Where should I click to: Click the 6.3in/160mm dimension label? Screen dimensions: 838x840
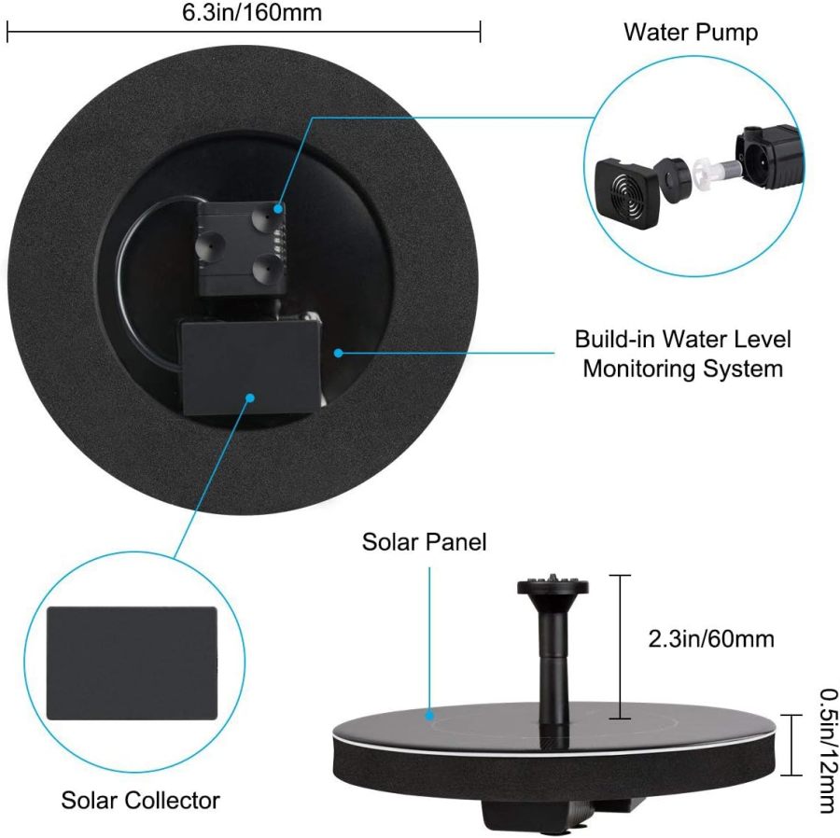245,13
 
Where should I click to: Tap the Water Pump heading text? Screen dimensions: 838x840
691,33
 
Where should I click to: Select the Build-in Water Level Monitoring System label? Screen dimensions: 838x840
682,353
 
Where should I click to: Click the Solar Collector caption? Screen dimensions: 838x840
141,800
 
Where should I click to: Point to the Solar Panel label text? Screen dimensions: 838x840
425,541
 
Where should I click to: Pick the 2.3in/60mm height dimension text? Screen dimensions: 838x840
711,639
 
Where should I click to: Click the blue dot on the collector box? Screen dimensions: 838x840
250,398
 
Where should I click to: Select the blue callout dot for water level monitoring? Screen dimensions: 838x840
339,353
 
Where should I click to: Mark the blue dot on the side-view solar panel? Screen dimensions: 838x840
429,716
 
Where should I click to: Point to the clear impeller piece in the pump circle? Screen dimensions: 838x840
707,169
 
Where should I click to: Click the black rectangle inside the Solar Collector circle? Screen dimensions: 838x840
132,663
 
